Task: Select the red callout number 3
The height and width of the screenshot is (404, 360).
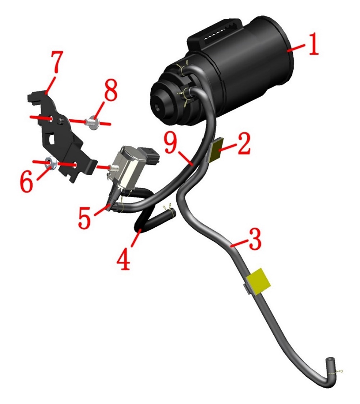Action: click(x=255, y=239)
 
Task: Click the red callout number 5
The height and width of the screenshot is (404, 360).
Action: click(x=85, y=218)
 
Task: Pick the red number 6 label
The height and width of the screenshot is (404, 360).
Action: click(x=27, y=182)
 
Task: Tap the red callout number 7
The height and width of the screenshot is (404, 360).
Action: click(x=56, y=62)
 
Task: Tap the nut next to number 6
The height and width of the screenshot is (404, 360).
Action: click(x=50, y=163)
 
